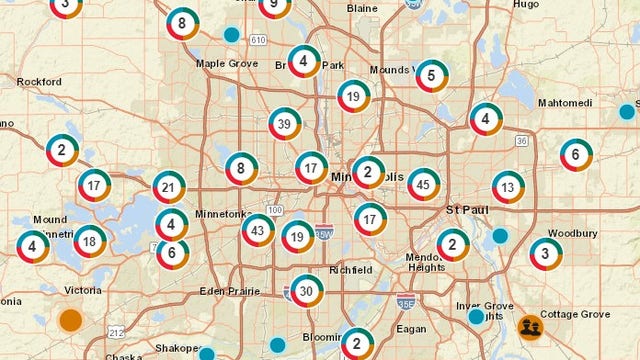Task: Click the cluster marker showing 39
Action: pyautogui.click(x=286, y=124)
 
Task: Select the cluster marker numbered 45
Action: pyautogui.click(x=424, y=184)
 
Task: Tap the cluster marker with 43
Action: pyautogui.click(x=258, y=230)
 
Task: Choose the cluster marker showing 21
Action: pyautogui.click(x=169, y=187)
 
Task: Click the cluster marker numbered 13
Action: pyautogui.click(x=508, y=187)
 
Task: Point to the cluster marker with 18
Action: pyautogui.click(x=90, y=241)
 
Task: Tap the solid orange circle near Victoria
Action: pyautogui.click(x=70, y=320)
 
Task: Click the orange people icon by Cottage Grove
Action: pyautogui.click(x=530, y=326)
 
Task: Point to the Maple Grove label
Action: pyautogui.click(x=226, y=63)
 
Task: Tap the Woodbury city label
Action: pyautogui.click(x=573, y=233)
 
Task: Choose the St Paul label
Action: pyautogui.click(x=465, y=210)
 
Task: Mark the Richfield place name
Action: pyautogui.click(x=351, y=270)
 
